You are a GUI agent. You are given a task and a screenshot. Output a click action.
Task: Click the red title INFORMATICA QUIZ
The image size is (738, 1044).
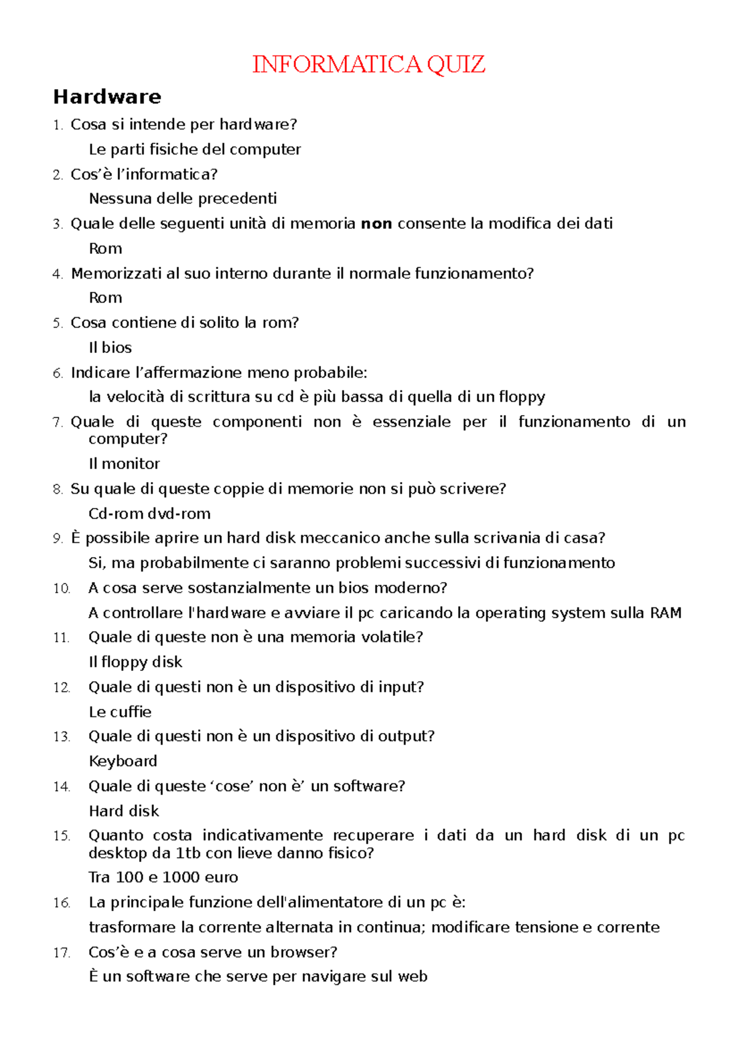(x=368, y=64)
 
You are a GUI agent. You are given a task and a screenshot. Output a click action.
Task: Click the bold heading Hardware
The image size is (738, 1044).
(x=107, y=97)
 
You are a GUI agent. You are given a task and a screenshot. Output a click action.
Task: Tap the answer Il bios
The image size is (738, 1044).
(x=110, y=347)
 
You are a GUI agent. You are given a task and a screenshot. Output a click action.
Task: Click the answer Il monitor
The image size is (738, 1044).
(x=124, y=464)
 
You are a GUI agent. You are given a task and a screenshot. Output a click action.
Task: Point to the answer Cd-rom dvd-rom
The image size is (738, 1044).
(x=149, y=513)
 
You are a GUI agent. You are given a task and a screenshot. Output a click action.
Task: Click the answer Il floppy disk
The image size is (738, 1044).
(x=135, y=662)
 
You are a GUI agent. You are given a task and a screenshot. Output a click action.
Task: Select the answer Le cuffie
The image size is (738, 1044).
(x=120, y=712)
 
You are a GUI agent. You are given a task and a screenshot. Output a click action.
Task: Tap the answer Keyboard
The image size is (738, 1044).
(x=123, y=761)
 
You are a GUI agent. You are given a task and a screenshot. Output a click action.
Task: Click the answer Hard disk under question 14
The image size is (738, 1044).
(x=124, y=811)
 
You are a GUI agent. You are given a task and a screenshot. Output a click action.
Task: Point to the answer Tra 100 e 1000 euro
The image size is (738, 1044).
(x=163, y=877)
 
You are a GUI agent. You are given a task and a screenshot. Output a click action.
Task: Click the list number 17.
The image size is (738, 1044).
(x=61, y=953)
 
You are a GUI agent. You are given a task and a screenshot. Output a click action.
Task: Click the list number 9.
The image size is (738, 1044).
(x=58, y=539)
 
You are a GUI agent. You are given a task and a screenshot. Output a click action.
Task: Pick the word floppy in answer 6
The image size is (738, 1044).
(x=522, y=397)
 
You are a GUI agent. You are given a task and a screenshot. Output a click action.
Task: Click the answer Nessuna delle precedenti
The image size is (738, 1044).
(x=183, y=199)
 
